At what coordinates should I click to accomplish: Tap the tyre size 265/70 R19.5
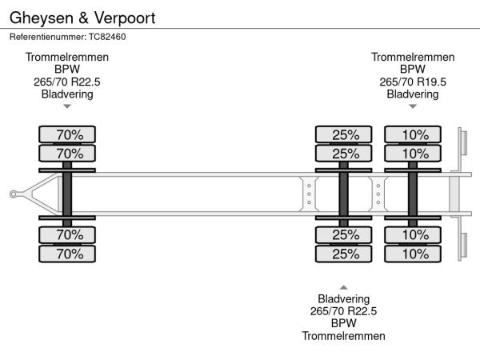coord(413,82)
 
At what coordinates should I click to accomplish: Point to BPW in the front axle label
coord(67,70)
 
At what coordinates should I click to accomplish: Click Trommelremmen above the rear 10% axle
coord(413,58)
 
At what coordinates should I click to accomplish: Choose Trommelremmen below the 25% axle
coord(344,336)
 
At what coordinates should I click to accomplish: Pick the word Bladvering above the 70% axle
coord(67,94)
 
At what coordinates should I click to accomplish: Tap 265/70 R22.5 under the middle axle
coord(344,312)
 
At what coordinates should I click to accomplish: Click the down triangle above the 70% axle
coord(67,106)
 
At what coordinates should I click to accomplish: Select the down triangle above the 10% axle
coord(413,106)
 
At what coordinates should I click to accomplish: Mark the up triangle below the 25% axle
coord(344,287)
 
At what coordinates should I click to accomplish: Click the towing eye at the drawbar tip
coord(14,194)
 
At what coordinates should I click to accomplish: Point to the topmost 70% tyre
coord(67,134)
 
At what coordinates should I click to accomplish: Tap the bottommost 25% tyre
coord(344,254)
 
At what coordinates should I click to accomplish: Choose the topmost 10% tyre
coord(413,134)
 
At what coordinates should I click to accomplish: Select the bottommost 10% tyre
coord(413,254)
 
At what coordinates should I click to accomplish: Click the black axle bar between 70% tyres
coord(67,194)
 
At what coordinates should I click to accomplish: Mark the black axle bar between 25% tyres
coord(344,194)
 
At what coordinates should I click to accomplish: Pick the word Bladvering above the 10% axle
coord(413,94)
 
